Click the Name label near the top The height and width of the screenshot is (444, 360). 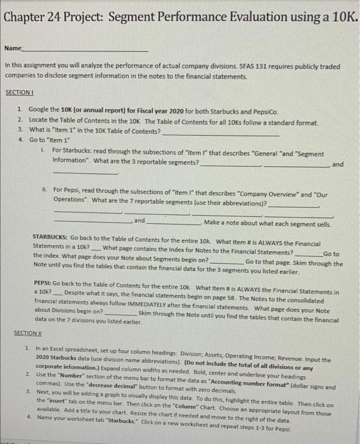13,48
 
